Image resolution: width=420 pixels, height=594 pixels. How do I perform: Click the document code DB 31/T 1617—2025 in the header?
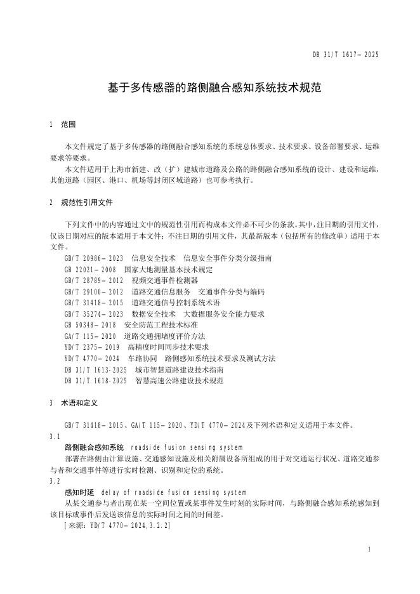click(x=345, y=55)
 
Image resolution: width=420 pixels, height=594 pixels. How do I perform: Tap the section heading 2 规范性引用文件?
click(x=81, y=202)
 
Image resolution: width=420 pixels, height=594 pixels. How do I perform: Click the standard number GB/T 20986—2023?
click(x=94, y=258)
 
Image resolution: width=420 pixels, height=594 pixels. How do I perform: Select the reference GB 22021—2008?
click(x=90, y=269)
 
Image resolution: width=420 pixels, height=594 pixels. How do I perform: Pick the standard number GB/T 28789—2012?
click(x=94, y=280)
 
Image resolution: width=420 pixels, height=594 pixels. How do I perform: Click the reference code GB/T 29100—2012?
click(x=94, y=291)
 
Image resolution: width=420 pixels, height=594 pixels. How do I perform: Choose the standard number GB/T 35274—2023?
click(x=94, y=313)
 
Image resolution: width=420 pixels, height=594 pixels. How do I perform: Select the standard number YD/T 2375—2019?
click(x=92, y=347)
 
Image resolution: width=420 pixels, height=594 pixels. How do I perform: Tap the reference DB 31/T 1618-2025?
click(x=95, y=381)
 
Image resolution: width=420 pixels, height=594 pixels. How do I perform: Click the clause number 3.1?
click(x=55, y=437)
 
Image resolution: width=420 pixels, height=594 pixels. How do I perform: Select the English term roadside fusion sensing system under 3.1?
click(x=190, y=448)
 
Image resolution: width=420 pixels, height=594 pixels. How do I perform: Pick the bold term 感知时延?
click(x=79, y=492)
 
